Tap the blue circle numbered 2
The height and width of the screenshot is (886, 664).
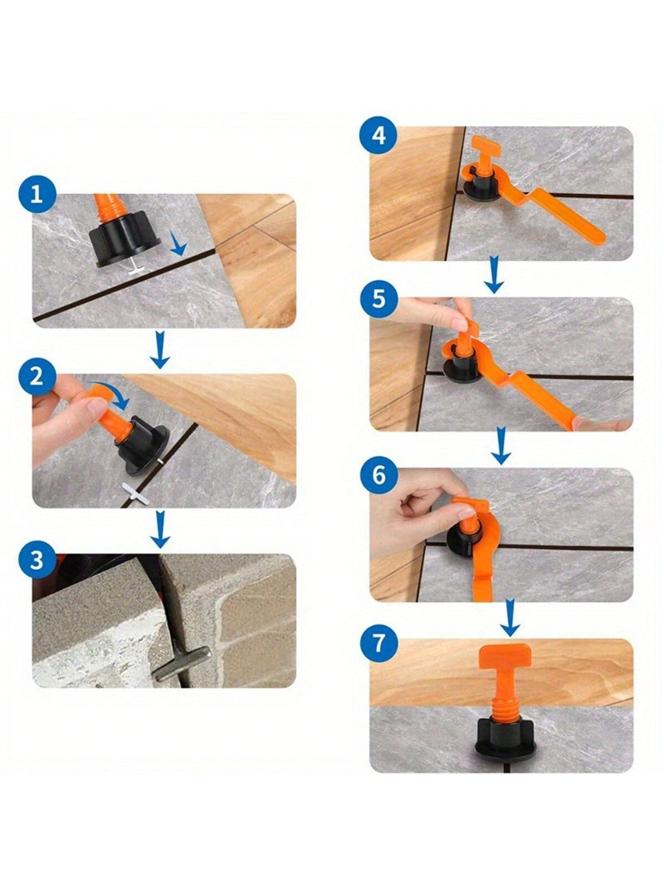(37, 377)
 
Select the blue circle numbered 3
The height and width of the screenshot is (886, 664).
(37, 560)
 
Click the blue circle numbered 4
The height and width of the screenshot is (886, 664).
(378, 136)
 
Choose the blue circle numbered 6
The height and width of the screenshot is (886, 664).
(378, 475)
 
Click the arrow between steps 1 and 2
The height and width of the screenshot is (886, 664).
(160, 349)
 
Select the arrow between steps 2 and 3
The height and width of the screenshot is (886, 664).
(160, 529)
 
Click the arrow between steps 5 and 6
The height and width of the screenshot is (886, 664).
(501, 446)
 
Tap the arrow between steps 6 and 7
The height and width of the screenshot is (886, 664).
(510, 617)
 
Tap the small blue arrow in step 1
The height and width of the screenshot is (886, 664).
(178, 244)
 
